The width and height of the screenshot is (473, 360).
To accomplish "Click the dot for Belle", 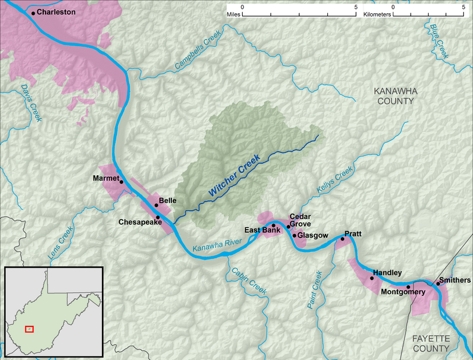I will click(156, 205).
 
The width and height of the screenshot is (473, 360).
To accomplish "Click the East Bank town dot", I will click(273, 226).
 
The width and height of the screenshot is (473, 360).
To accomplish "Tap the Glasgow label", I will click(313, 236).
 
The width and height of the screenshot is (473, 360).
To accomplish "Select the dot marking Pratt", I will click(342, 239).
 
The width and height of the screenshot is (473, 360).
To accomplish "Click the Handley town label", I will click(387, 273).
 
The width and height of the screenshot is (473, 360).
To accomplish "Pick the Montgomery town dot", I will click(408, 287).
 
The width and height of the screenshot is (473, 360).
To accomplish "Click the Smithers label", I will click(454, 280).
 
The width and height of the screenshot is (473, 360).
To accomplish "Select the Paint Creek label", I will click(314, 289).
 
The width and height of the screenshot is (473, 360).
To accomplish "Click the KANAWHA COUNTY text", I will click(394, 96).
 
